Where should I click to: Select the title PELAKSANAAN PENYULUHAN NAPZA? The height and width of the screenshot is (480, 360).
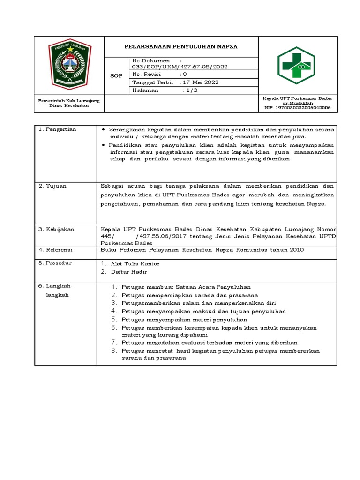pos(181,47)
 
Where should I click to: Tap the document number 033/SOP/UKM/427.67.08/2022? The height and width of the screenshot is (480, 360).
pos(180,67)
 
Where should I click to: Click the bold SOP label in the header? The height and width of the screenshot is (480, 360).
pos(116,75)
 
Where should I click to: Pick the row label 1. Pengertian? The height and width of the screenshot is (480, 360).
pos(58,129)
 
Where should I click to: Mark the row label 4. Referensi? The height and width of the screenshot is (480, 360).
pos(56,250)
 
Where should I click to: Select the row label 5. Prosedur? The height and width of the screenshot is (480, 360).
pos(55,263)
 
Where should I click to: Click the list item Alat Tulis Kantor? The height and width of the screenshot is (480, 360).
pos(135,264)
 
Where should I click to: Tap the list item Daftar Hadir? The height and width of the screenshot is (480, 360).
pos(129,272)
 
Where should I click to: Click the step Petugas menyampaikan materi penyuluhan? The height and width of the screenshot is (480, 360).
pos(184,319)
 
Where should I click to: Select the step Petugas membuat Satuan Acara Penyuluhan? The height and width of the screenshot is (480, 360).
pos(186,287)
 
